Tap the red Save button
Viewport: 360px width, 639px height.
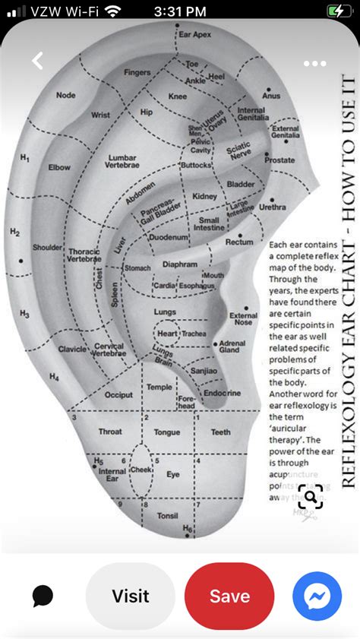click(229, 596)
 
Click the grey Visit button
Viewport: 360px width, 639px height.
click(131, 596)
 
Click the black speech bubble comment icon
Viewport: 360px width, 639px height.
click(43, 596)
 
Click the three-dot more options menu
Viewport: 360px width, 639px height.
click(314, 64)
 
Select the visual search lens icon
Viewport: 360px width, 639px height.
click(310, 498)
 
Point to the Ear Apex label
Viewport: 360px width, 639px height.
click(195, 35)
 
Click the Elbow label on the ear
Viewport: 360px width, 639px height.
click(59, 167)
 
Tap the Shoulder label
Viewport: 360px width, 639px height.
click(47, 247)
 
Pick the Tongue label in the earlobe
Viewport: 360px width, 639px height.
click(167, 432)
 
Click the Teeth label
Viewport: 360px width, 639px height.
click(221, 432)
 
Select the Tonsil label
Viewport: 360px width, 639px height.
click(167, 516)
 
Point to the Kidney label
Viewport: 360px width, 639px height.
click(204, 196)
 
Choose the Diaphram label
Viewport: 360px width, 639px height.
click(180, 264)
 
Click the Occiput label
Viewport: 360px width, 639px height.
click(118, 395)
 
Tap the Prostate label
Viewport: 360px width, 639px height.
click(279, 160)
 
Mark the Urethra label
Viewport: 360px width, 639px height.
click(273, 207)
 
